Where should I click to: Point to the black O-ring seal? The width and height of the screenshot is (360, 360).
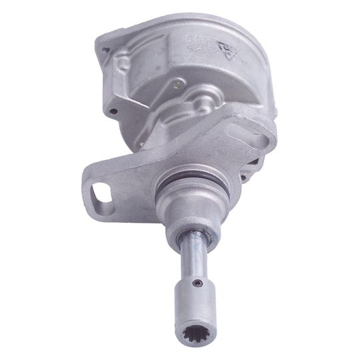185,183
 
